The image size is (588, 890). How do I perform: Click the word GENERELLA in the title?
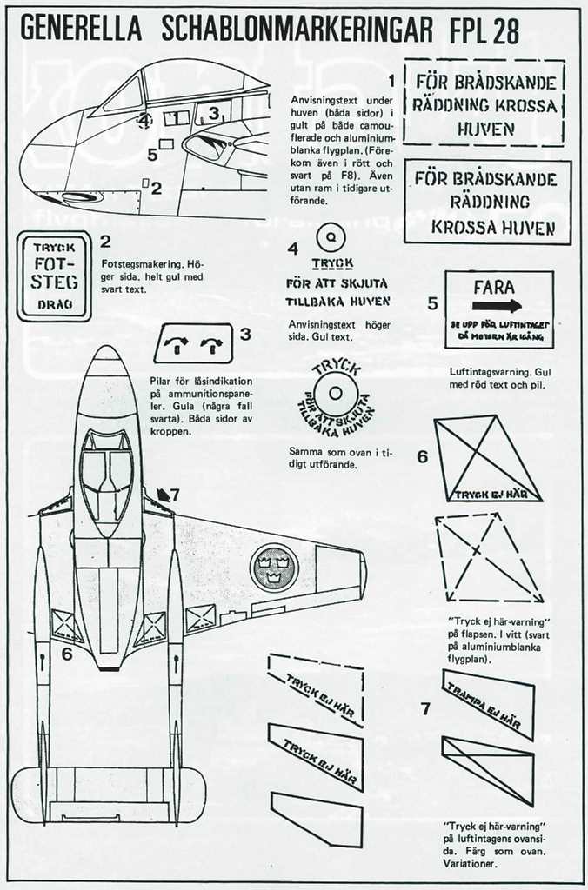[x=79, y=30]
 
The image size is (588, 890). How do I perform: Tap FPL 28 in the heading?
[x=485, y=30]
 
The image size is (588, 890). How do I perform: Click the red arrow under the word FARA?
[x=498, y=306]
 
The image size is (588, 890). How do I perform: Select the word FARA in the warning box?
[x=494, y=286]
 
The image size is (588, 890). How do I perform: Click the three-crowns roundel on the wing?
[x=274, y=567]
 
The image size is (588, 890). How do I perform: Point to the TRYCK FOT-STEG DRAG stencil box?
[x=54, y=276]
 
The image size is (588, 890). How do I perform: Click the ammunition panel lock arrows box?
[x=194, y=343]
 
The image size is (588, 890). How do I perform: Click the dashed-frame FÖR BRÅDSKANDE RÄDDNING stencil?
[x=484, y=102]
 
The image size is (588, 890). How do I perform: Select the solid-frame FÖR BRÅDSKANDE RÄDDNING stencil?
[x=487, y=202]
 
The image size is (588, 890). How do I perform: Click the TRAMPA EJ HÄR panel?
[x=487, y=704]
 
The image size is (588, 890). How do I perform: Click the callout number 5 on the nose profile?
[x=152, y=155]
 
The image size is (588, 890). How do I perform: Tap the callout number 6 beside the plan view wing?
[x=67, y=654]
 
